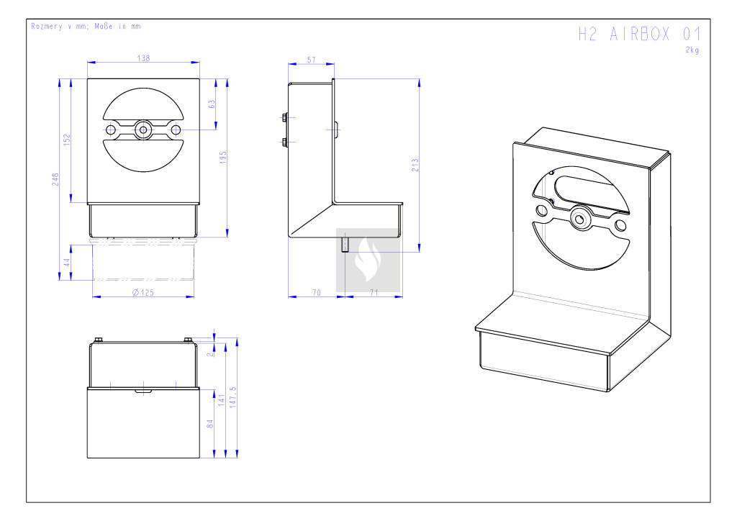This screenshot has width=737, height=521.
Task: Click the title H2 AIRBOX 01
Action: pos(639,35)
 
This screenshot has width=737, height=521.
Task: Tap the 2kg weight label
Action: pos(692,50)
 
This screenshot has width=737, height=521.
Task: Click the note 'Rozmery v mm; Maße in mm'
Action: pos(86,27)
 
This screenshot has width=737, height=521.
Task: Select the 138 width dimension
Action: pos(143,58)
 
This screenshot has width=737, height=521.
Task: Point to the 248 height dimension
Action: pos(55,179)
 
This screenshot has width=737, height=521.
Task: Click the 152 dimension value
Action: pos(67,140)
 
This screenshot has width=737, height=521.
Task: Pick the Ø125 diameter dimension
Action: pos(143,293)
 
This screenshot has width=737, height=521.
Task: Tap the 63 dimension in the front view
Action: pos(212,104)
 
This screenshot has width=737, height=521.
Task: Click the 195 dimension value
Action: pos(223,157)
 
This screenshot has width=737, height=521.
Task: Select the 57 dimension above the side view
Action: pos(311,60)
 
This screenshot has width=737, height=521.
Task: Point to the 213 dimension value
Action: pos(415,165)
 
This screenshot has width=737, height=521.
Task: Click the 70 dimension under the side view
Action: pos(317,293)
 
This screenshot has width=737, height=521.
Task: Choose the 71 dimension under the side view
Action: pos(374,293)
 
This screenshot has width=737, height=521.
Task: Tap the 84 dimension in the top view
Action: pos(210,424)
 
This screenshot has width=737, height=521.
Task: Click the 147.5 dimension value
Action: pos(233,397)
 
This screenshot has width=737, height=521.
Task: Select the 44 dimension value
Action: pos(67,262)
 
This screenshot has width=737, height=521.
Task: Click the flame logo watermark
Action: pos(368,260)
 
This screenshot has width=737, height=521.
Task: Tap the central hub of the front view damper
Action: pos(143,130)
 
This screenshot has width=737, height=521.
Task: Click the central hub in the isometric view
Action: pos(580,219)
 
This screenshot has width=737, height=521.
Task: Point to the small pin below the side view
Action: pos(345,245)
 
